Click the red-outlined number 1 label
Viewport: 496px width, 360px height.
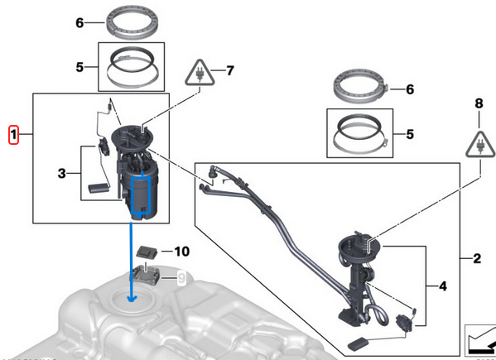[13, 134]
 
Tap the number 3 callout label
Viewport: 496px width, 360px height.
[61, 173]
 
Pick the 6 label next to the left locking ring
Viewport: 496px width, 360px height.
[79, 23]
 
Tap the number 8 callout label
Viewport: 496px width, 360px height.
[478, 104]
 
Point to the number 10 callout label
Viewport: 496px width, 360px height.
[181, 250]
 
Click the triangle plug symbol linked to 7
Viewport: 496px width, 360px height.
[200, 73]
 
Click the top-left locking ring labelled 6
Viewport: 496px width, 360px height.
[129, 22]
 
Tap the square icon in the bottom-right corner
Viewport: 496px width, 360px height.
[479, 338]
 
